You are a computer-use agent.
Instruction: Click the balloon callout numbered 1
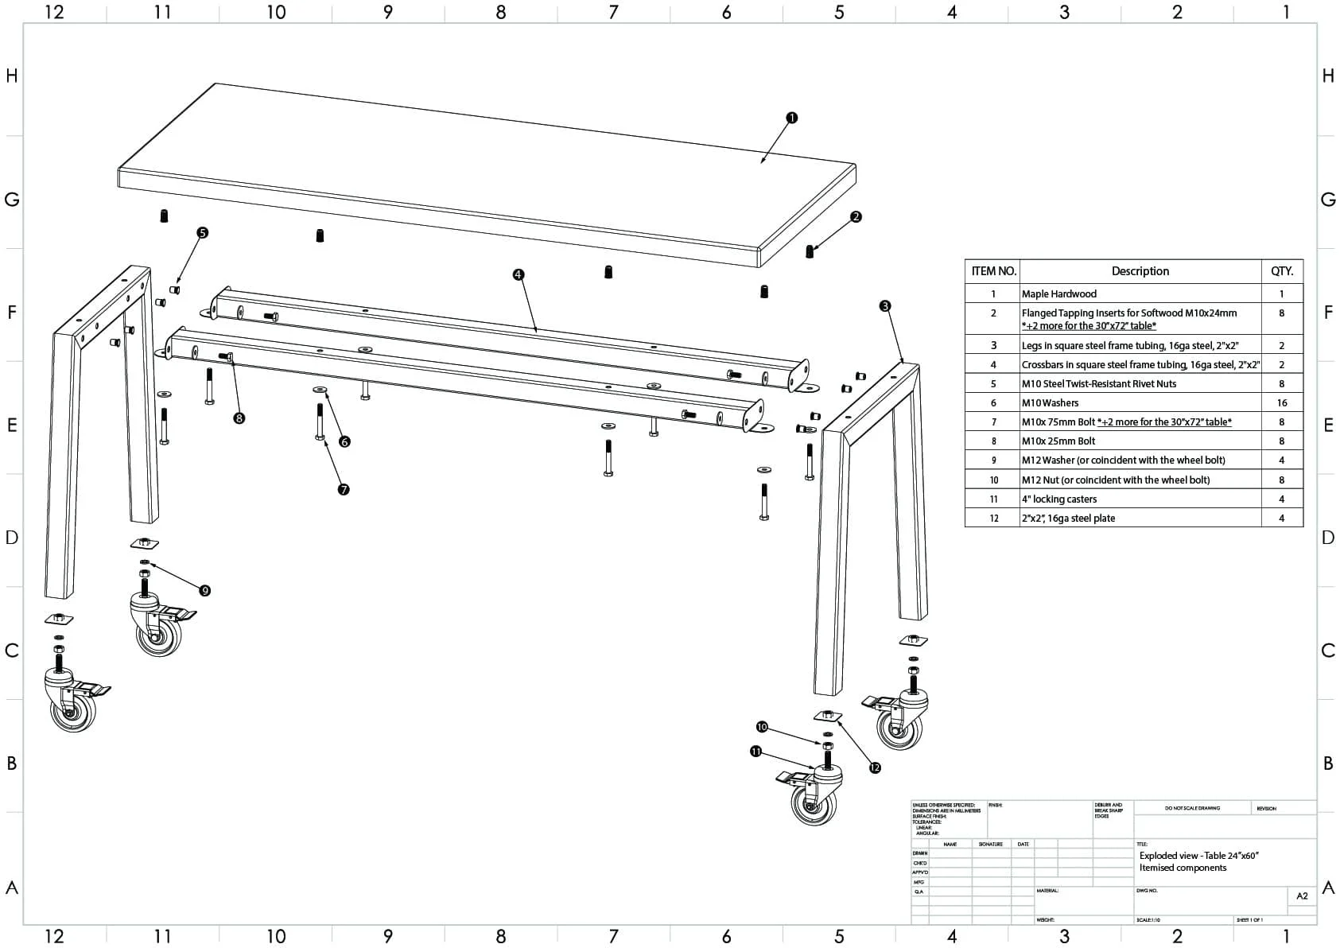pos(791,118)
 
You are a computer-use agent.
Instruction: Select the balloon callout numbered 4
pos(519,274)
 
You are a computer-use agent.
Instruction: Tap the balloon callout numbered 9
pos(205,590)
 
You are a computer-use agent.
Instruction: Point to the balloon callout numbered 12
pos(875,767)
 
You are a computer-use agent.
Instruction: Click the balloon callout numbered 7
pos(344,490)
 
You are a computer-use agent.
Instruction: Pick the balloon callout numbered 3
pos(885,306)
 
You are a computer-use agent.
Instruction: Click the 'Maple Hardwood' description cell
pos(1058,294)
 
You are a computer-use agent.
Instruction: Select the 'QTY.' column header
pos(1281,271)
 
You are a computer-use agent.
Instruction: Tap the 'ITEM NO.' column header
pos(993,271)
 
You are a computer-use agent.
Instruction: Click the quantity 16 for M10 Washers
pos(1281,403)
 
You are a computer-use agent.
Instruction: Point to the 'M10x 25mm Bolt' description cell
pos(1058,441)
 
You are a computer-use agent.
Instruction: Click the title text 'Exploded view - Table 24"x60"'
pos(1198,856)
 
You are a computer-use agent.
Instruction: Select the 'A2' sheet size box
pos(1302,896)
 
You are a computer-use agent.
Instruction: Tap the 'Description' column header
pos(1140,271)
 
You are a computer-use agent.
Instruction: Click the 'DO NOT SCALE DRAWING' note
pos(1192,808)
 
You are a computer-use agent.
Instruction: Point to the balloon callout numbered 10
pos(762,727)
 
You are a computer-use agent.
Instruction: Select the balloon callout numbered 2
pos(856,216)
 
